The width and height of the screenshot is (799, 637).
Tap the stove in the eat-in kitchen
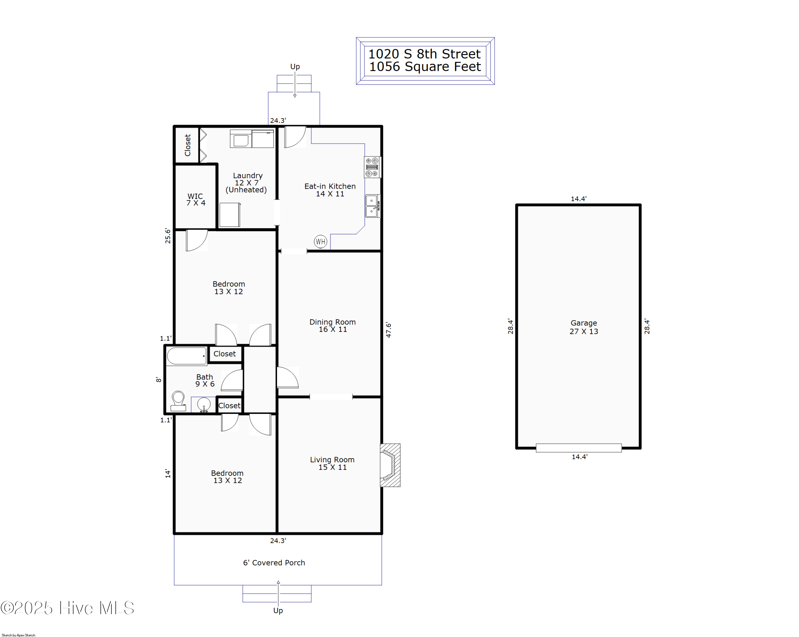click(x=372, y=167)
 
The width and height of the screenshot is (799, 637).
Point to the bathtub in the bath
click(x=186, y=356)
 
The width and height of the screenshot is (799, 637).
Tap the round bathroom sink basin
click(x=204, y=404)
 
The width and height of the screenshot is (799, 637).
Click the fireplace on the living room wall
click(x=390, y=465)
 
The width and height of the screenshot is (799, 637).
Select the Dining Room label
click(x=332, y=326)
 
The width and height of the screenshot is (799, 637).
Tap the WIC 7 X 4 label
click(x=196, y=200)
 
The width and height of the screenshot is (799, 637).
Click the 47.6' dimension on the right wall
click(x=388, y=330)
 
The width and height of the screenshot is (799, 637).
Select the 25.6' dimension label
click(x=168, y=236)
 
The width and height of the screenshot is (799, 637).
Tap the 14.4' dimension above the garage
click(x=578, y=199)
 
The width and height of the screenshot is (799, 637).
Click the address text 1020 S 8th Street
click(x=424, y=54)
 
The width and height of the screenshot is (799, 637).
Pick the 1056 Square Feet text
click(x=425, y=67)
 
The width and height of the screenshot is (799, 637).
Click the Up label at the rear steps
click(x=295, y=67)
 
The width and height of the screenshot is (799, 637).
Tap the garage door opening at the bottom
click(x=578, y=448)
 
